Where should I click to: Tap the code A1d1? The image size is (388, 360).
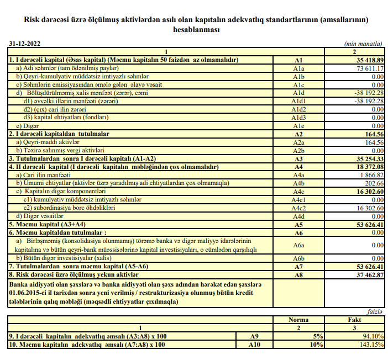coord(298,101)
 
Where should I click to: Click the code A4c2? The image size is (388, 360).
coord(298,208)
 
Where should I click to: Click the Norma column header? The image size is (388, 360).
coord(298,320)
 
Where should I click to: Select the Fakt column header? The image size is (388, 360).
coord(354,320)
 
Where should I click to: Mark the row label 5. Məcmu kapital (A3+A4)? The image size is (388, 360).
coord(44,225)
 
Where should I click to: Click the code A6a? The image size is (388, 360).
coord(298,245)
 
